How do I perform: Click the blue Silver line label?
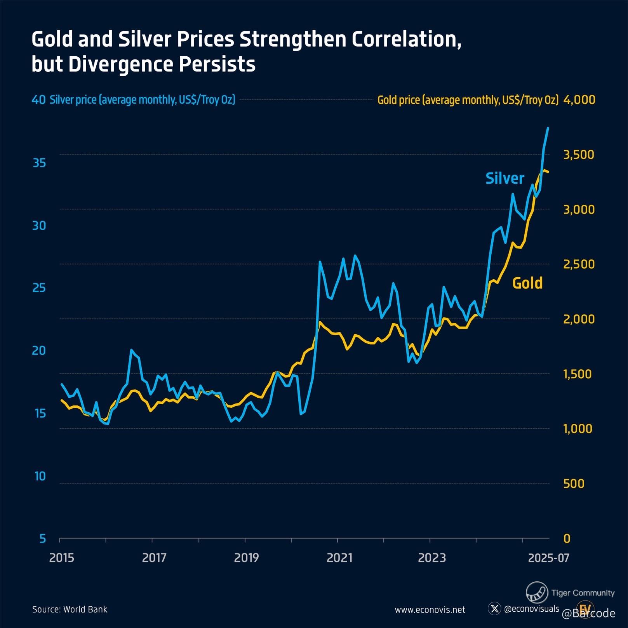click(504, 178)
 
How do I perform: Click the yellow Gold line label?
click(527, 283)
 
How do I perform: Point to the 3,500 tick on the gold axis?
click(578, 155)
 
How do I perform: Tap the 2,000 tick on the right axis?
click(578, 319)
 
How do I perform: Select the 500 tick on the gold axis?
click(574, 484)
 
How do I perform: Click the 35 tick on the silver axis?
click(39, 163)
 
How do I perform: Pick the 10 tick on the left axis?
click(40, 476)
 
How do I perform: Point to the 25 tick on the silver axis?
click(39, 288)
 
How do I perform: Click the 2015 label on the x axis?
click(61, 558)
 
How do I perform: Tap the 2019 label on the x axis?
click(246, 558)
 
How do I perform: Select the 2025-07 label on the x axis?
click(548, 558)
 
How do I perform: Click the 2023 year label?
click(431, 558)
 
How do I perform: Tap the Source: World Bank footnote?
click(70, 609)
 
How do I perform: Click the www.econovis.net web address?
click(430, 610)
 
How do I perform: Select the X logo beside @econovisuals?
click(494, 608)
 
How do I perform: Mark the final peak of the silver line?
click(548, 128)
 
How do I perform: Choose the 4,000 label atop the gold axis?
click(579, 100)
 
